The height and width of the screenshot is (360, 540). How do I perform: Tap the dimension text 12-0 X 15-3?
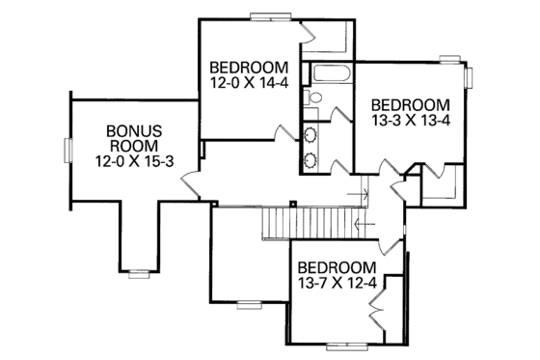pyautogui.click(x=133, y=161)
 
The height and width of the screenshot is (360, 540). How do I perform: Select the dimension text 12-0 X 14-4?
pyautogui.click(x=249, y=83)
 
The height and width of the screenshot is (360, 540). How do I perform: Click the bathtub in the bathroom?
pyautogui.click(x=329, y=74)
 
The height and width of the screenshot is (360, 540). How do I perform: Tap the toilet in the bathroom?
pyautogui.click(x=314, y=97)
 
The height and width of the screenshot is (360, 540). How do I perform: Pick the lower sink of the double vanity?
pyautogui.click(x=312, y=158)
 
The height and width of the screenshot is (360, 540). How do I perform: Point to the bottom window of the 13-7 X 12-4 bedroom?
pyautogui.click(x=349, y=345)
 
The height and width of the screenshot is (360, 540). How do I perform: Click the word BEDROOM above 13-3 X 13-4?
pyautogui.click(x=410, y=104)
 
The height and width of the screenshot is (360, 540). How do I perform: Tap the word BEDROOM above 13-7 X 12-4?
pyautogui.click(x=336, y=266)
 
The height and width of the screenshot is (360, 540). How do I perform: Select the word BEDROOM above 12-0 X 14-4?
pyautogui.click(x=249, y=68)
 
